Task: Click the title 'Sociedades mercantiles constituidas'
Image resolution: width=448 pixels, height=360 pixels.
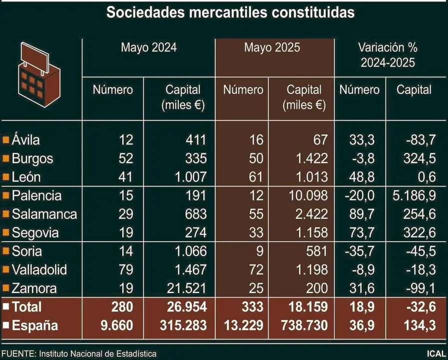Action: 230,12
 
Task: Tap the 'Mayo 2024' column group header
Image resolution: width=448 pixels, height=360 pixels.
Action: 149,48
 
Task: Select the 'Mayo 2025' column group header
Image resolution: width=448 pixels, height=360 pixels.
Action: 272,48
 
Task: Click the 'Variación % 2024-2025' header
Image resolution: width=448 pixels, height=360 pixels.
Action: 388,55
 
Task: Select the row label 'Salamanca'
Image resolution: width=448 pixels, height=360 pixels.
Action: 44,214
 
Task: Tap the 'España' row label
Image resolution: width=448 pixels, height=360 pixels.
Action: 35,325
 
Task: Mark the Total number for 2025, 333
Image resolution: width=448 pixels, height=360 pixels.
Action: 251,306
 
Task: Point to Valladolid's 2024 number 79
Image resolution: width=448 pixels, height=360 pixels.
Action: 126,270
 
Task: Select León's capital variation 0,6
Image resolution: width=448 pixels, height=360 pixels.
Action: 426,177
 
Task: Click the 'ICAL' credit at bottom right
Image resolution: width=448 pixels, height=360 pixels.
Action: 436,353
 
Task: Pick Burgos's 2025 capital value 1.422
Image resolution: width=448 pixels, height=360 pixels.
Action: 310,158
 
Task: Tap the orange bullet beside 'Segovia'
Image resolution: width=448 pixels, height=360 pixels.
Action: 6,232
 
